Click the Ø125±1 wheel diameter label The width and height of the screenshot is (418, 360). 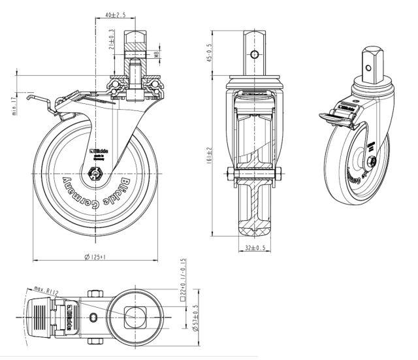tap(95, 257)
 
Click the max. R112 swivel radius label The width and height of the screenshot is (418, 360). tap(48, 287)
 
